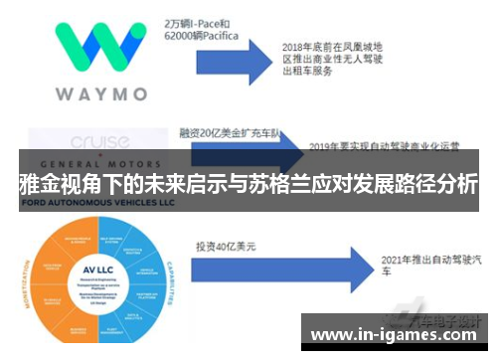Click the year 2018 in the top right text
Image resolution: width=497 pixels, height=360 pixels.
tap(295, 46)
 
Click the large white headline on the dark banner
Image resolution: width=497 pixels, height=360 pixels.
tap(248, 184)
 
